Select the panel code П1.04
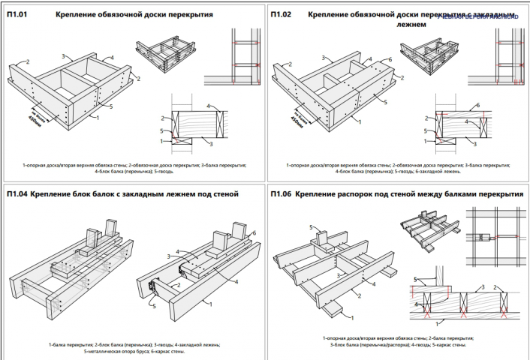coord(18,194)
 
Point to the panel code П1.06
coord(282,194)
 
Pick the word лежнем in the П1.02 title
coord(411,25)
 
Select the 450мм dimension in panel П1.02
coord(299,118)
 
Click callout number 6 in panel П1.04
coord(254,234)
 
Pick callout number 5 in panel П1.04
coord(153,306)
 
